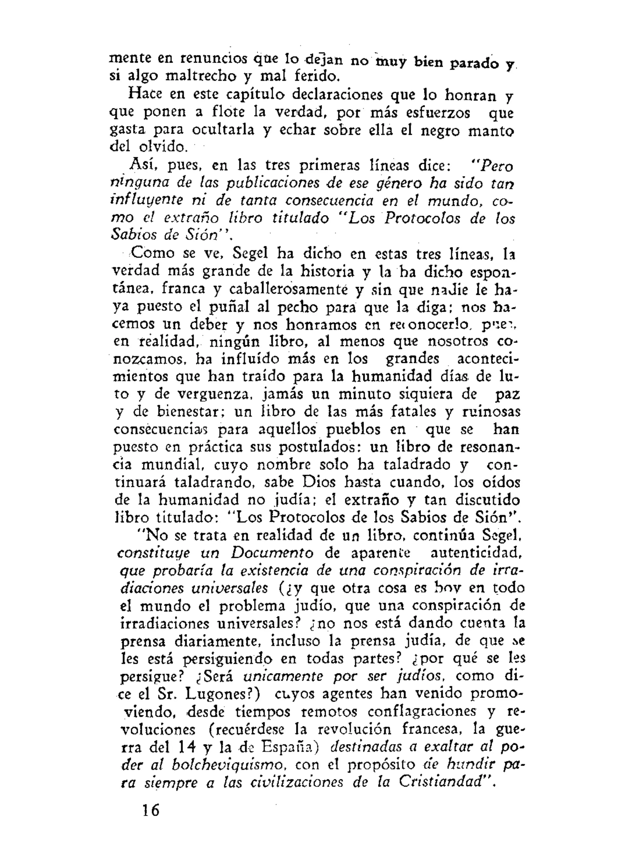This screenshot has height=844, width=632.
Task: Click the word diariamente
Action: coord(217,641)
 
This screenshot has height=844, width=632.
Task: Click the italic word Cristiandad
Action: coord(444,781)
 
